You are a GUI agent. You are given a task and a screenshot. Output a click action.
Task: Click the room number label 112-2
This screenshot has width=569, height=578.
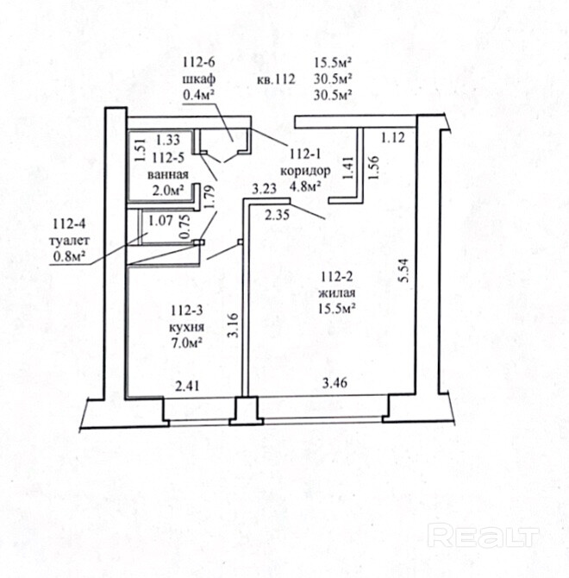(x=338, y=277)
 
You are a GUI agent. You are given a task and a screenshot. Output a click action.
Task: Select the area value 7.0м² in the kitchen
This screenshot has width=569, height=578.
(x=186, y=342)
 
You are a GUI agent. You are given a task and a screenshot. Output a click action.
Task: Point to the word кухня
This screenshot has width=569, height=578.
(x=186, y=327)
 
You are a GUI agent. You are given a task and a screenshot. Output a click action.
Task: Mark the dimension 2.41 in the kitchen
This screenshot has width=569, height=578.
(x=187, y=386)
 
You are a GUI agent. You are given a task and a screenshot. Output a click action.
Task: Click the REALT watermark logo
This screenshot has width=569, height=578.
(x=484, y=537)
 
